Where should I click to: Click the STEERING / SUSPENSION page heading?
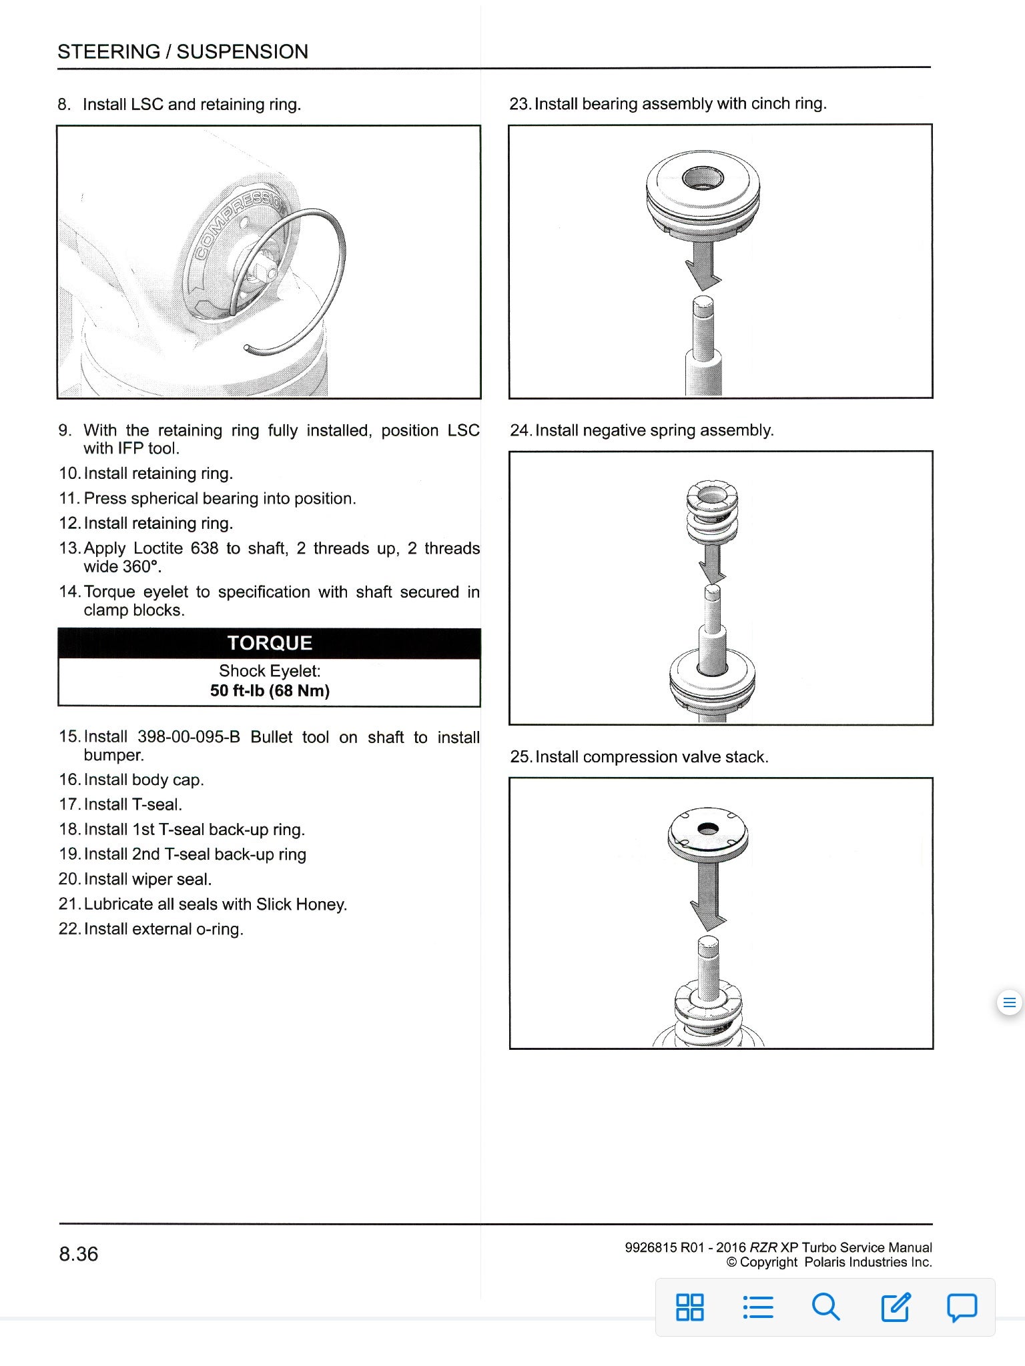pyautogui.click(x=183, y=52)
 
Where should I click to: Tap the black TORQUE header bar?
pyautogui.click(x=269, y=643)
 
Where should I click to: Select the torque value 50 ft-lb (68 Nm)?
pyautogui.click(x=270, y=691)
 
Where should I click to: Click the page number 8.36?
pyautogui.click(x=78, y=1254)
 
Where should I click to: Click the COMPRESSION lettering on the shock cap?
pyautogui.click(x=237, y=230)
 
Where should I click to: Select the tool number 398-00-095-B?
pyautogui.click(x=188, y=737)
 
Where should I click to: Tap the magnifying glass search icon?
pyautogui.click(x=825, y=1307)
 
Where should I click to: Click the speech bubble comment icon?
pyautogui.click(x=962, y=1307)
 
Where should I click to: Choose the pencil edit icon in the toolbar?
pyautogui.click(x=894, y=1307)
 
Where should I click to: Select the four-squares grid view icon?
pyautogui.click(x=689, y=1307)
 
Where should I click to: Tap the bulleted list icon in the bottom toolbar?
pyautogui.click(x=757, y=1307)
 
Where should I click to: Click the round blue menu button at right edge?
pyautogui.click(x=1009, y=1002)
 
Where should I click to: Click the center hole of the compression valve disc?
pyautogui.click(x=707, y=828)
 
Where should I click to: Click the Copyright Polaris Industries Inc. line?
pyautogui.click(x=829, y=1262)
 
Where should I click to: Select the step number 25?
pyautogui.click(x=521, y=757)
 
